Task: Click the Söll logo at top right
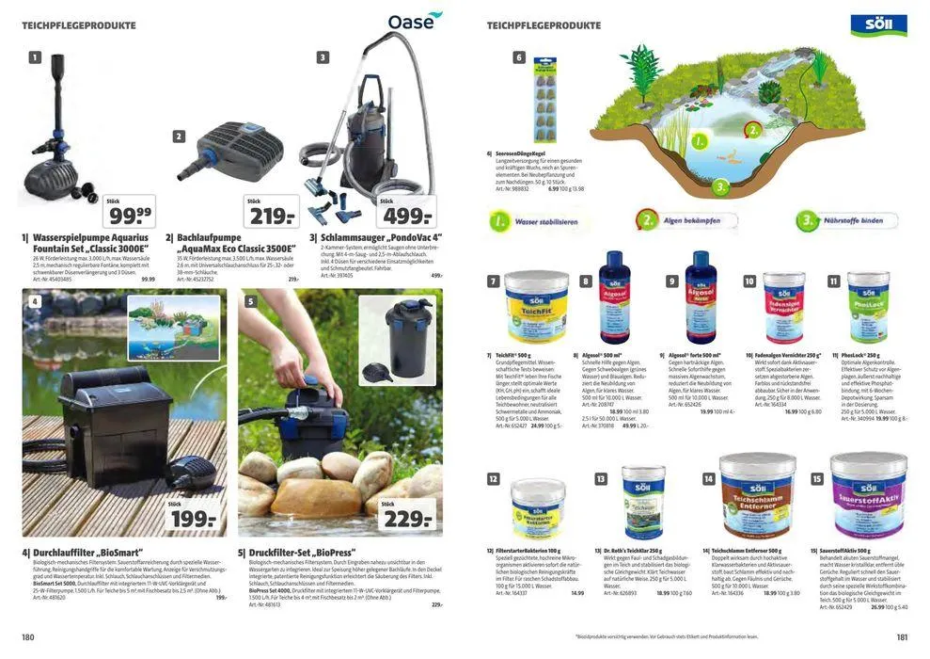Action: [x=878, y=25]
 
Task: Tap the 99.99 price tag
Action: [x=128, y=213]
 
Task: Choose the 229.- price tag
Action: [x=406, y=517]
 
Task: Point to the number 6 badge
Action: [x=518, y=57]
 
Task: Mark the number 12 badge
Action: [x=493, y=478]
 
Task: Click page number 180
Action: [x=28, y=637]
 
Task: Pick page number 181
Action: [x=902, y=637]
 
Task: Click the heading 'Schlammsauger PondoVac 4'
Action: [x=384, y=238]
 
